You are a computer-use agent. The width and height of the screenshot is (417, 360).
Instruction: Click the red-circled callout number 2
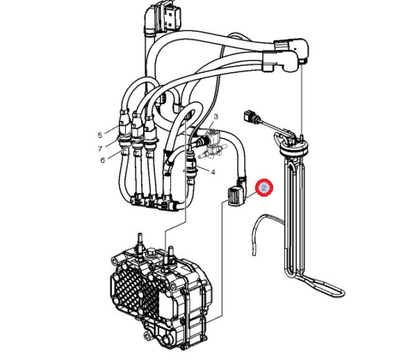click(x=264, y=188)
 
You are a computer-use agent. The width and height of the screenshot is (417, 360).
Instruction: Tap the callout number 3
click(x=216, y=116)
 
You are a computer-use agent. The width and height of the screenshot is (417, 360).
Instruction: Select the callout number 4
click(x=213, y=172)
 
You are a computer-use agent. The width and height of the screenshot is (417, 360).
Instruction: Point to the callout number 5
click(x=100, y=135)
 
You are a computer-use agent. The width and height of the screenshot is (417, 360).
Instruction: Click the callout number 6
click(x=103, y=160)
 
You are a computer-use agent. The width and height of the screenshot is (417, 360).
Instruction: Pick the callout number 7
click(x=100, y=148)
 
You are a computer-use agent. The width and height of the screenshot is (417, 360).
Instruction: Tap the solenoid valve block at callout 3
click(x=214, y=144)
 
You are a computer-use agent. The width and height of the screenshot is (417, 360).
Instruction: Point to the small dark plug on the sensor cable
click(x=250, y=116)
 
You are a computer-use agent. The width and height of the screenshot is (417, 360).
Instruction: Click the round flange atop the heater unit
click(x=294, y=148)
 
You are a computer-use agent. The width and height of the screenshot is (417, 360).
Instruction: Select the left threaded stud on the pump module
click(x=139, y=242)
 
